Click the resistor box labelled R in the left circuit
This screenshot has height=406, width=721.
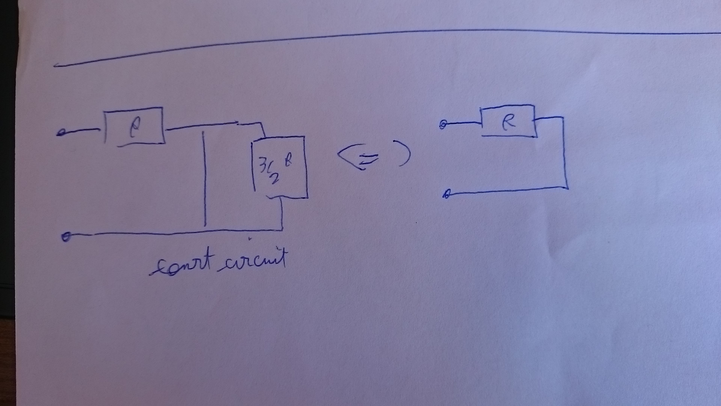134,126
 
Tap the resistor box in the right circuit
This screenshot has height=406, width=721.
508,121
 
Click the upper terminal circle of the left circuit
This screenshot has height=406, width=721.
60,133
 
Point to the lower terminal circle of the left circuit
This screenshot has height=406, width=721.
66,237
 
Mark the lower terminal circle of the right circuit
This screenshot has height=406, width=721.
446,194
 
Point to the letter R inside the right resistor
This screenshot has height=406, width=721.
508,122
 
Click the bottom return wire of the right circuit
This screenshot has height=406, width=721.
507,191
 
